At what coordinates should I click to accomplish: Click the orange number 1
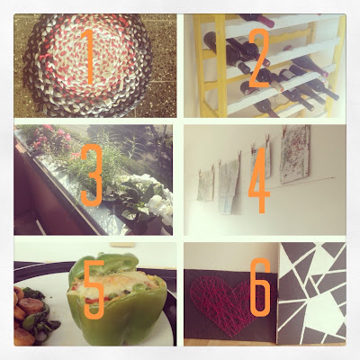(90, 57)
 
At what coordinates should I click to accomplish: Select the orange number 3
(92, 175)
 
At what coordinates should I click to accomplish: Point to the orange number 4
(258, 180)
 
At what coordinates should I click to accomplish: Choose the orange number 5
(94, 290)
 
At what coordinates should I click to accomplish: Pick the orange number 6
(260, 288)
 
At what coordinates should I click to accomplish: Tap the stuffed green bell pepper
(117, 300)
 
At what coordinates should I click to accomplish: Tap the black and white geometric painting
(312, 293)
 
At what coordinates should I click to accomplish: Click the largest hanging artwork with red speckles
(295, 155)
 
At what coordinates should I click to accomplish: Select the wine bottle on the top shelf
(257, 20)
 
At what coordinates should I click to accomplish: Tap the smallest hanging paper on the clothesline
(205, 185)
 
